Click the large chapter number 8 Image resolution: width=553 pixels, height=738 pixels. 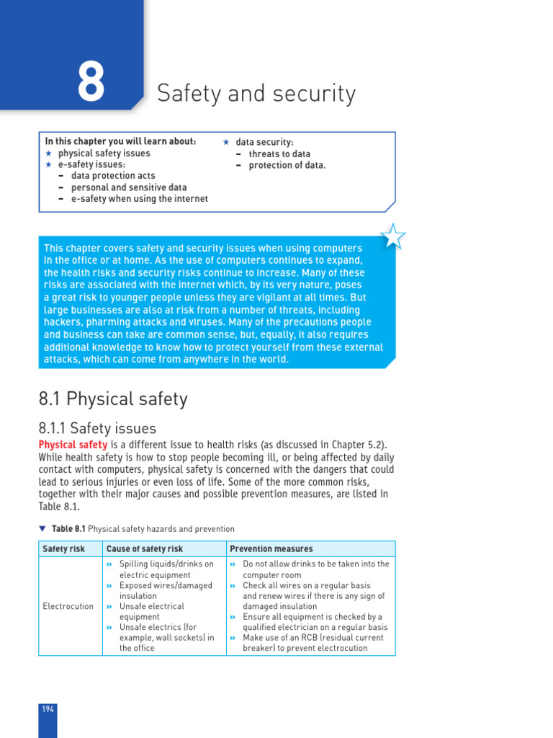click(x=91, y=82)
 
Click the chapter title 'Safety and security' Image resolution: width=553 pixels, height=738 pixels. click(x=256, y=94)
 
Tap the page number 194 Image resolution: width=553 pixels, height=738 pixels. click(x=48, y=709)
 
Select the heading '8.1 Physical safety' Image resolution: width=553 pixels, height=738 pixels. click(x=113, y=399)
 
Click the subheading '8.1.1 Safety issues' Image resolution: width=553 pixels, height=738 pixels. click(x=97, y=429)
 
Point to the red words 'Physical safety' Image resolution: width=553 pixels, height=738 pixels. click(x=73, y=445)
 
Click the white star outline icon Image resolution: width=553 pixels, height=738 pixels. click(x=392, y=236)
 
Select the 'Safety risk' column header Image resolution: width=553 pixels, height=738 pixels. click(x=64, y=549)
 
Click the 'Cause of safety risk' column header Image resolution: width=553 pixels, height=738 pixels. click(x=145, y=549)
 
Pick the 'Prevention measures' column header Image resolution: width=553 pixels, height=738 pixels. click(x=271, y=549)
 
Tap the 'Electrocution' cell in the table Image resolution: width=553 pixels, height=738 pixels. click(x=68, y=606)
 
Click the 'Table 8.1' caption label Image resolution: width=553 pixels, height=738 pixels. click(x=68, y=529)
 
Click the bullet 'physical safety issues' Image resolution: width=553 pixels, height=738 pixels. click(x=104, y=154)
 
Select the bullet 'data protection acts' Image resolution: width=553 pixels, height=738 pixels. click(x=113, y=176)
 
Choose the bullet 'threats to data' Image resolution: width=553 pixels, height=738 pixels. click(x=279, y=154)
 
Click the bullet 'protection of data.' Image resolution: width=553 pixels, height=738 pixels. click(x=287, y=166)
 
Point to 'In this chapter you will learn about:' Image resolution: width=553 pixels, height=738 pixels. click(x=121, y=142)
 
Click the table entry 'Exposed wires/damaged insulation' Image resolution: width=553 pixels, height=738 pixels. click(x=166, y=591)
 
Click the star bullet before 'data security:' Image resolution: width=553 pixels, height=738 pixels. click(x=225, y=143)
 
